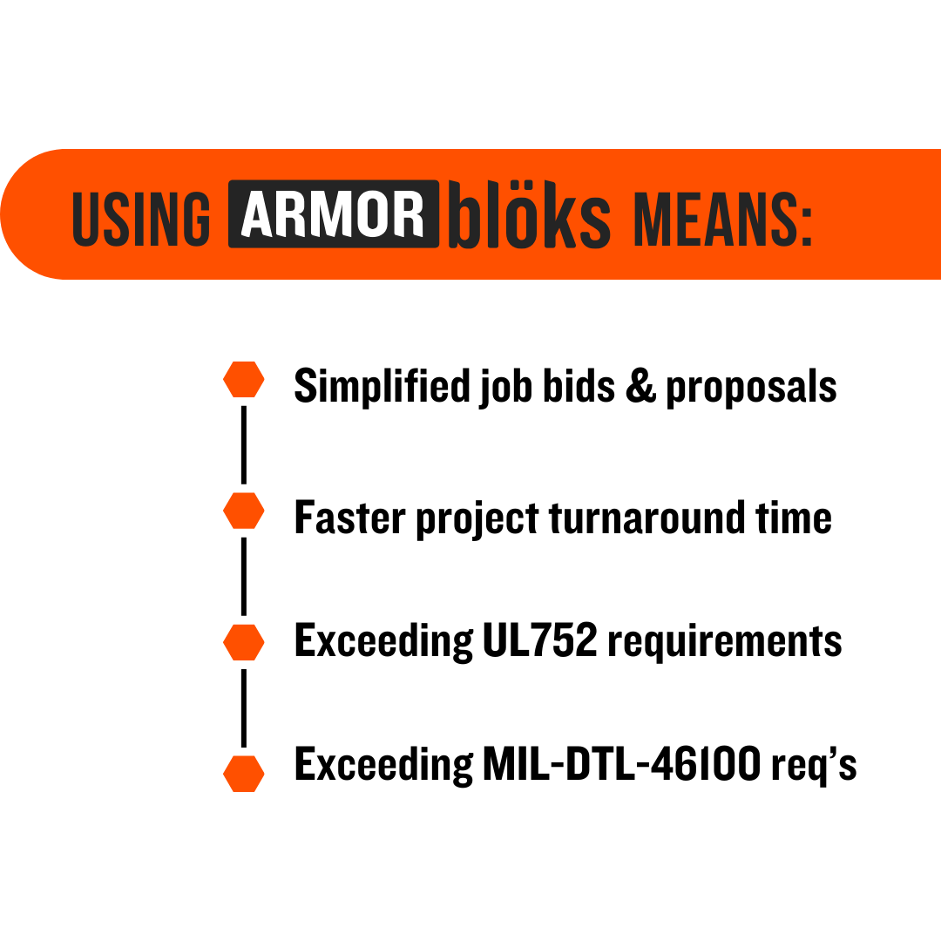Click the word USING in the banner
[141, 219]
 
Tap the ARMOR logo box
[334, 213]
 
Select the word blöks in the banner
[530, 214]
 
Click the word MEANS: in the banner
[722, 219]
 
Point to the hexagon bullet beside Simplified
[244, 379]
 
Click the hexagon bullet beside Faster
[244, 511]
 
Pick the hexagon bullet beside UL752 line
[244, 642]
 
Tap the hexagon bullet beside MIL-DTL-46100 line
[244, 774]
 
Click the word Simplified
[382, 385]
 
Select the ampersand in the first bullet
[641, 387]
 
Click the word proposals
[751, 389]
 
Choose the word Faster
[350, 518]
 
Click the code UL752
[540, 640]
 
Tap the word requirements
[725, 642]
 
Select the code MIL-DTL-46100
[622, 764]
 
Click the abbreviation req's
[814, 767]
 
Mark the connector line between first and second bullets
[244, 445]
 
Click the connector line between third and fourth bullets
[244, 708]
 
